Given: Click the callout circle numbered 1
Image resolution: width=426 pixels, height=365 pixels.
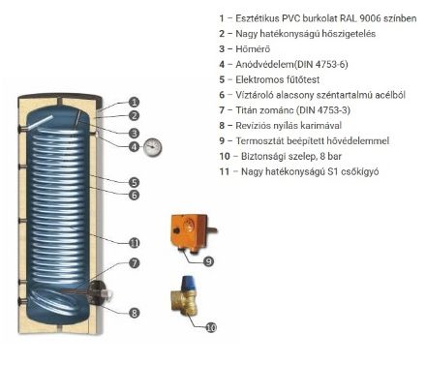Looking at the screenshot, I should pyautogui.click(x=134, y=102).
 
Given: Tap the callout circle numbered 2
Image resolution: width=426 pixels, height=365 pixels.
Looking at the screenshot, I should pyautogui.click(x=134, y=116).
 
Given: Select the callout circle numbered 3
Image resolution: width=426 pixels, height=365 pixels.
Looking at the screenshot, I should pyautogui.click(x=134, y=132).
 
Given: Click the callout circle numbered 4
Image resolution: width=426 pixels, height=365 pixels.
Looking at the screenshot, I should pyautogui.click(x=134, y=147).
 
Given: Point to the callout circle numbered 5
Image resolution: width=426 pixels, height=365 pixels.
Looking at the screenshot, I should pyautogui.click(x=134, y=181).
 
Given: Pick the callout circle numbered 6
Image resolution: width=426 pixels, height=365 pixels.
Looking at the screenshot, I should pyautogui.click(x=134, y=195).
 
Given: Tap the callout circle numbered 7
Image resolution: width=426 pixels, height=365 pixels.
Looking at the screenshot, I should pyautogui.click(x=134, y=262).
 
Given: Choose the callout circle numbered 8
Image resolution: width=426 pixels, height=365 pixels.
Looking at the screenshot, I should pyautogui.click(x=134, y=312).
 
